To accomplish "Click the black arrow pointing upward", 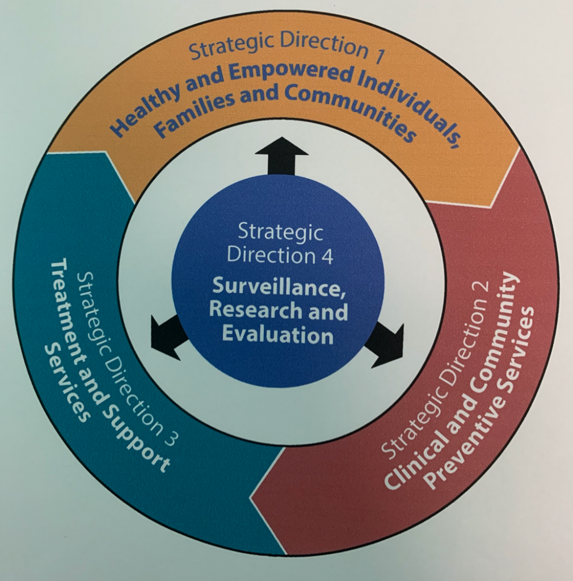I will click(281, 155).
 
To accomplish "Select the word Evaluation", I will click(277, 335).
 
